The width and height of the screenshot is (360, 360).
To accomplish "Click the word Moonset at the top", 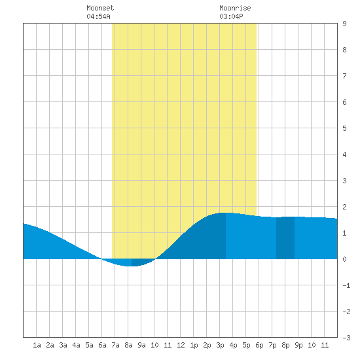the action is point(100,8).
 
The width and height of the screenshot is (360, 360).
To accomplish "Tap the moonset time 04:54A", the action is point(98,16).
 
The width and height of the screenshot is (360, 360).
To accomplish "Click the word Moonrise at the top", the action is point(235,8).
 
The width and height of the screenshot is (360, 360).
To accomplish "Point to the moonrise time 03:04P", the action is point(231,16).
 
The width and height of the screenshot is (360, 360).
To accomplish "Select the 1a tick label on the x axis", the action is point(37,345).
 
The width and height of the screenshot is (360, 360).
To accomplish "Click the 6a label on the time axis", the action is point(102,345).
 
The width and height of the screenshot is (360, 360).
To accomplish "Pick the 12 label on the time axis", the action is point(181,345).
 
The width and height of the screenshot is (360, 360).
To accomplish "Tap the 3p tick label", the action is point(220,345).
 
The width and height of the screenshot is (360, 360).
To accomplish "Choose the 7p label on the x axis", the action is point(272,345).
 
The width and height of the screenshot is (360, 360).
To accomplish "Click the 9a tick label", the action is point(141,345).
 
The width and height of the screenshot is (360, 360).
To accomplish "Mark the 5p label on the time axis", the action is point(246,345).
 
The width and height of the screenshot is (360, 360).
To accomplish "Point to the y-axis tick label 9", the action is point(344,24).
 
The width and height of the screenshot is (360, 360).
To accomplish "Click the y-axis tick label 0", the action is point(344,259).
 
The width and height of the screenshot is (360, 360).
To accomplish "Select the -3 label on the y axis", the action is point(346,338).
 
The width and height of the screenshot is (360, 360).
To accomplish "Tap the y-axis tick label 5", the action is point(344,128).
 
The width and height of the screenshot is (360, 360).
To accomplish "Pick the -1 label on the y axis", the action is point(346,285).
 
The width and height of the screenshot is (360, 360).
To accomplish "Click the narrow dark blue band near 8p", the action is point(285,238).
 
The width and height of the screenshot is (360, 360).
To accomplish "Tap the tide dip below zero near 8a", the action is point(128,263).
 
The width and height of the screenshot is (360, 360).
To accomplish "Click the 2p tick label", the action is point(207,345).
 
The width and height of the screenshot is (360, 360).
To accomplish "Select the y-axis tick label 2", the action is point(344,207).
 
